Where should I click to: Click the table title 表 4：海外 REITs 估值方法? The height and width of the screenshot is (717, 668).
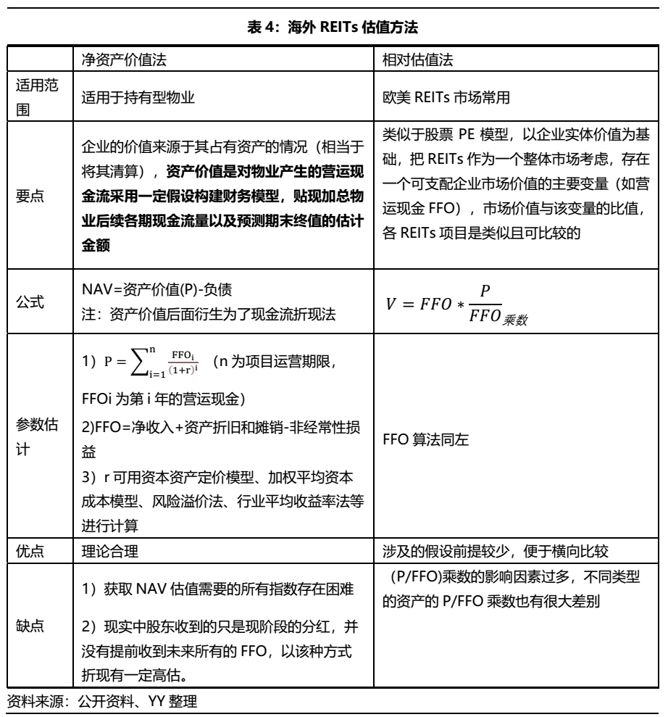point(334,28)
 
